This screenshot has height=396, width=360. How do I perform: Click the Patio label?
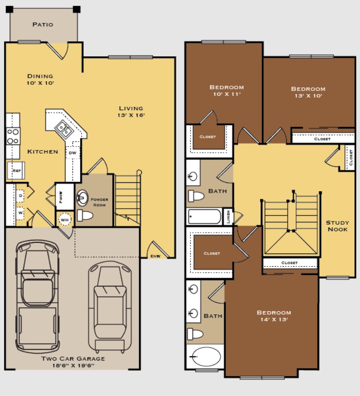coord(43,24)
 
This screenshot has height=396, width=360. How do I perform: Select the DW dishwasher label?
coord(72,152)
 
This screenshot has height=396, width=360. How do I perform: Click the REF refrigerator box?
coord(16,170)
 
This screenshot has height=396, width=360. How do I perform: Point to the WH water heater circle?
coord(65,219)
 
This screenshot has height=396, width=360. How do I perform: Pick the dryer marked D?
coord(20,195)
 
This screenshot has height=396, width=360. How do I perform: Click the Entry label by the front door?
coord(155,256)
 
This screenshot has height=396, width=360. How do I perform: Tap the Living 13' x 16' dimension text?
coord(131,115)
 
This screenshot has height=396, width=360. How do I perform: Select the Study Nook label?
coord(337,226)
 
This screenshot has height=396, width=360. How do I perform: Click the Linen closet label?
coord(228,217)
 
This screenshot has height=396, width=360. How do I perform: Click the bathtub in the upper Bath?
coord(204,217)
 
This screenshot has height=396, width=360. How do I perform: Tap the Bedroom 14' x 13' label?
coord(274,319)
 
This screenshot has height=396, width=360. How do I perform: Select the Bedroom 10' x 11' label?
coord(227,94)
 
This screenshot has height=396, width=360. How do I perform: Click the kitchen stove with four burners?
coord(13,136)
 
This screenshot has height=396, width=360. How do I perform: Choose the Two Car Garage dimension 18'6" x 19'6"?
coord(73,366)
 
